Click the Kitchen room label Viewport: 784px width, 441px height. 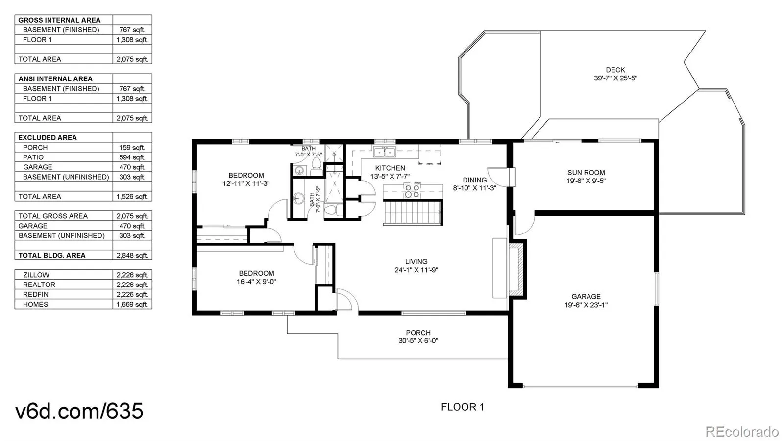390,168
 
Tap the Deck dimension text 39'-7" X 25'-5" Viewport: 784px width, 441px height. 615,78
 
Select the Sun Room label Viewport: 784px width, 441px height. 586,173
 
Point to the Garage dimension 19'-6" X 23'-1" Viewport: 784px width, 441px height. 586,305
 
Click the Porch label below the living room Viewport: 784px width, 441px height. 418,333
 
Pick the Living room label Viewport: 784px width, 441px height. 416,261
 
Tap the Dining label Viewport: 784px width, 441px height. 475,180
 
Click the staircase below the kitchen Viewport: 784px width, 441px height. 413,212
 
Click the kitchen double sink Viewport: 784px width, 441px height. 384,153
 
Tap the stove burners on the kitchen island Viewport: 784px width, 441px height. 412,190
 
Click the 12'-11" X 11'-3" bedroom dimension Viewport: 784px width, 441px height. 246,183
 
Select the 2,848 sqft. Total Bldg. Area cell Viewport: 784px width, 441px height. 132,256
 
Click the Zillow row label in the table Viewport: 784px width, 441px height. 36,275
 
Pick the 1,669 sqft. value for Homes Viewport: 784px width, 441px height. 132,305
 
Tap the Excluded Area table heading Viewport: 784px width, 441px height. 48,138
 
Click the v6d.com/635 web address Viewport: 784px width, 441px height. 79,411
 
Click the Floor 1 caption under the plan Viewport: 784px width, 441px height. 463,407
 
